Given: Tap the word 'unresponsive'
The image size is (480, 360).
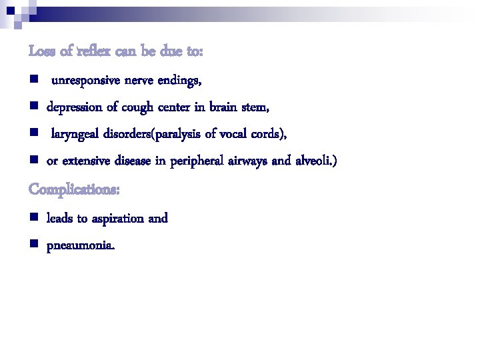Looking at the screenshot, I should click(x=85, y=81).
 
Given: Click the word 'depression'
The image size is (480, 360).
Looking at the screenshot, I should click(x=73, y=107).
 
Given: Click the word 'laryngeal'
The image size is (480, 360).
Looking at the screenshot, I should click(x=77, y=134).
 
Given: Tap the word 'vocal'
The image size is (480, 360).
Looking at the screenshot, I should click(x=229, y=134).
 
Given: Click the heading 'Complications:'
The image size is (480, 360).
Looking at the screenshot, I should click(x=75, y=189).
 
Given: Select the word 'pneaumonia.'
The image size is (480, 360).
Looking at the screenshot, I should click(x=81, y=246).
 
